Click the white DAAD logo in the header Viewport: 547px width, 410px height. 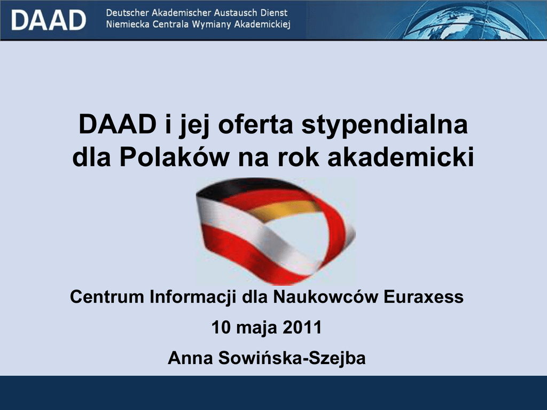pos(49,20)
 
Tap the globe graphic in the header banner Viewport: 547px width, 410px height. pos(467,20)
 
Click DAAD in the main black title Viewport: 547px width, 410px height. pos(117,124)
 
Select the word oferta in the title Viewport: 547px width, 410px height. pos(255,124)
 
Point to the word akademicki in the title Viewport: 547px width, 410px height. pos(401,157)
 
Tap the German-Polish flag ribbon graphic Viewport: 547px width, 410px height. pos(276,231)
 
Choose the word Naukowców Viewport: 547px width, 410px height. pos(325,297)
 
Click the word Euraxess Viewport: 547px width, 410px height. pos(424,297)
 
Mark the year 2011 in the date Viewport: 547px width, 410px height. pos(302,328)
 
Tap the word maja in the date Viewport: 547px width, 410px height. pos(257,329)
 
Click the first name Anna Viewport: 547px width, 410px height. pos(191,358)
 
